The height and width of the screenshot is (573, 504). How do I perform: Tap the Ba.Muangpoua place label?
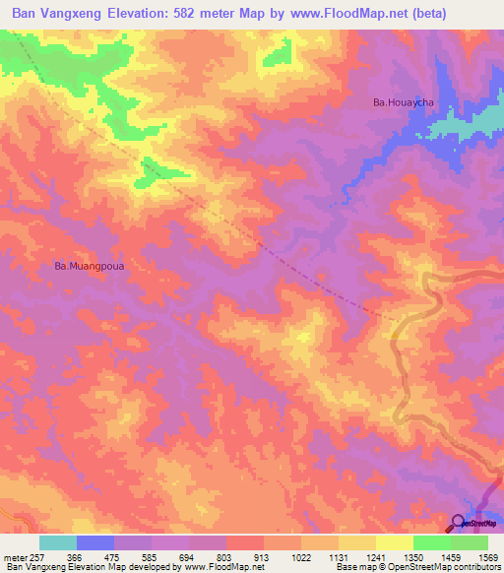click(x=94, y=265)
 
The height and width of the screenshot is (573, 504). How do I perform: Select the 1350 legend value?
click(x=412, y=556)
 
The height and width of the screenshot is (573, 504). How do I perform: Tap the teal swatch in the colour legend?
click(x=58, y=542)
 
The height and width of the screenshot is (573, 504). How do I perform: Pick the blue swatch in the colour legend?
click(x=95, y=542)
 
